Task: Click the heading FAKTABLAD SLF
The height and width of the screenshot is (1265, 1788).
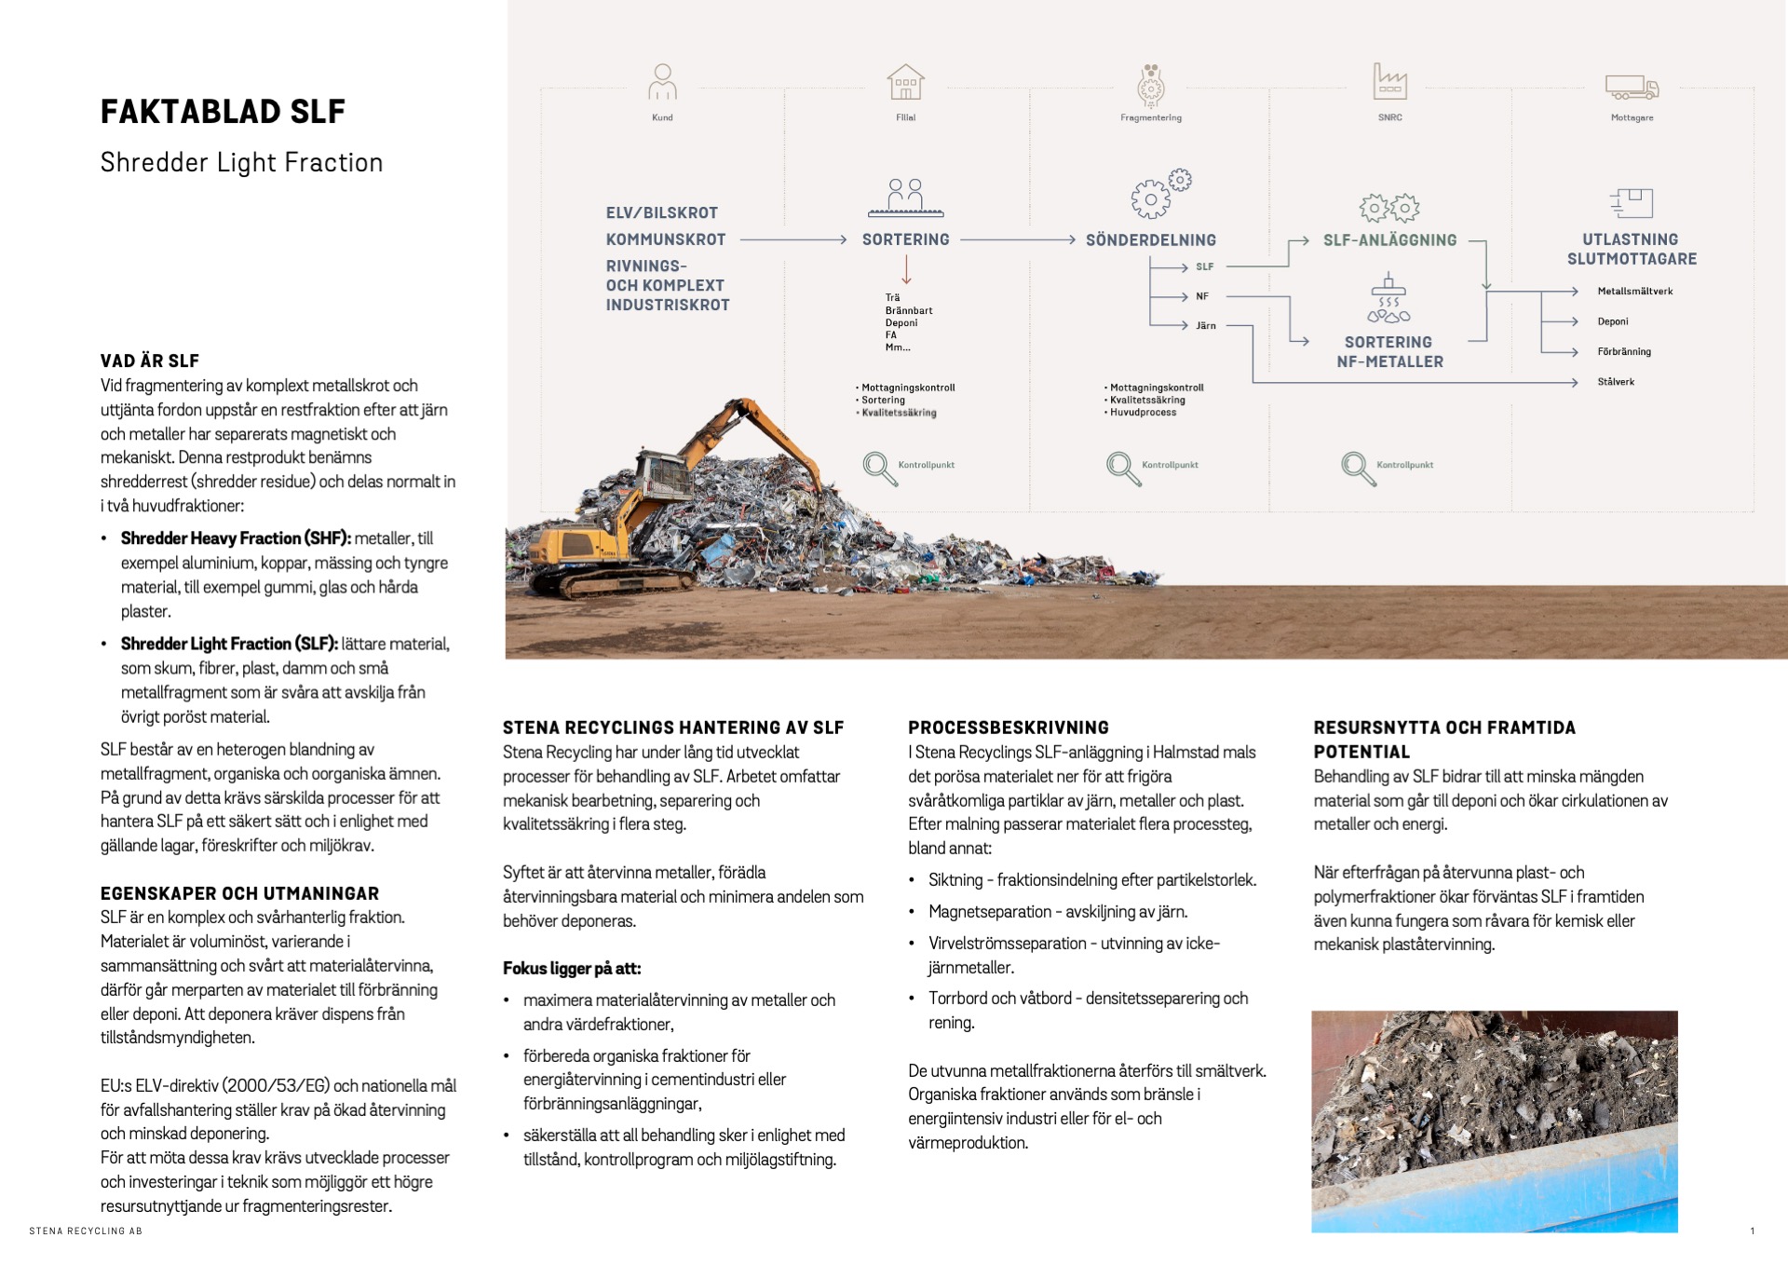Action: pos(223,112)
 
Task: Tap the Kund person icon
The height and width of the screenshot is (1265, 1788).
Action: pos(662,82)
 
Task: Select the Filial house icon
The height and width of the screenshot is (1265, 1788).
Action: pos(905,82)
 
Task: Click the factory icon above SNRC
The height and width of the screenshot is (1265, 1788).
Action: pos(1389,82)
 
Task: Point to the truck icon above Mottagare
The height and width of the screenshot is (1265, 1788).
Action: pos(1632,88)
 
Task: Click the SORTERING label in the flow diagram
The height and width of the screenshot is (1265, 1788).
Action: pos(905,239)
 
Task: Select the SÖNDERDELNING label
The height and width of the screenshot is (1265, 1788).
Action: pos(1150,240)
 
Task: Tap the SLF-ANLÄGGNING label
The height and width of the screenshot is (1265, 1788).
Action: pos(1389,240)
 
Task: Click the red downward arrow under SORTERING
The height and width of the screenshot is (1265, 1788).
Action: pos(905,270)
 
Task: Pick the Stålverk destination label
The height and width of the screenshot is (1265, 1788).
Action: pos(1616,382)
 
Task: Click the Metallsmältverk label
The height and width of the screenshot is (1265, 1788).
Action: pos(1634,292)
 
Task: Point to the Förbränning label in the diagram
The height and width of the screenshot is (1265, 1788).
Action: pos(1623,352)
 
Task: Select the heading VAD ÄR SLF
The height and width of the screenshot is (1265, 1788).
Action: pos(150,361)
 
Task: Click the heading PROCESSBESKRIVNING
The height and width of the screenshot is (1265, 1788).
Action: pos(1009,728)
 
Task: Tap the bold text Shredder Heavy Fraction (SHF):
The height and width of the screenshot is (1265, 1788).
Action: pos(236,538)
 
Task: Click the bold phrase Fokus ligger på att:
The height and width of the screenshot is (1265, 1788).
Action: pos(572,969)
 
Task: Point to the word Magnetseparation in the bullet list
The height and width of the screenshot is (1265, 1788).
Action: pos(989,912)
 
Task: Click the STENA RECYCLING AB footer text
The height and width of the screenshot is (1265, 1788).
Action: pos(86,1231)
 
